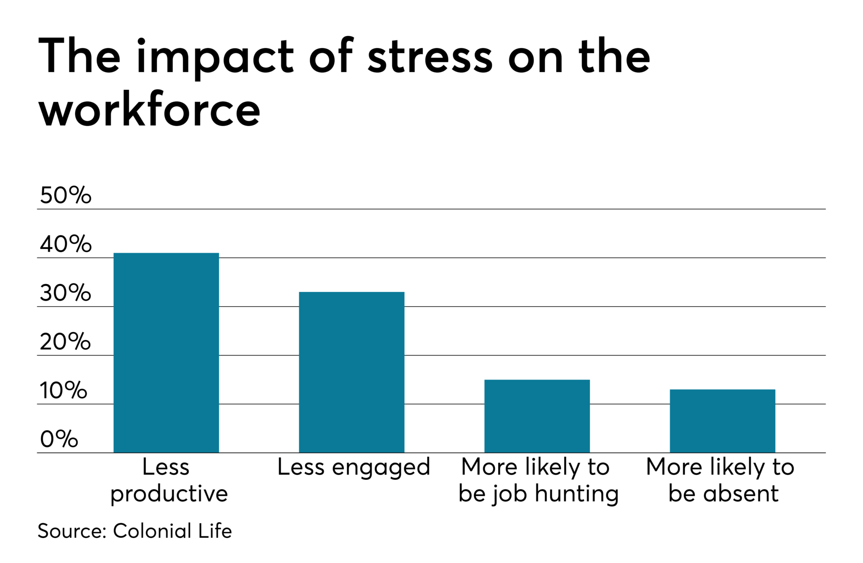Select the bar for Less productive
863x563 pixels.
pyautogui.click(x=166, y=353)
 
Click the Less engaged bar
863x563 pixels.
pyautogui.click(x=351, y=372)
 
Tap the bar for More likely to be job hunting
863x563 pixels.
pyautogui.click(x=537, y=416)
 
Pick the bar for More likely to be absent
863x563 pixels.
pyautogui.click(x=722, y=421)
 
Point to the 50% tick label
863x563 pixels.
pyautogui.click(x=65, y=195)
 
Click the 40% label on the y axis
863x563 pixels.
pyautogui.click(x=65, y=244)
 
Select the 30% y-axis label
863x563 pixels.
pyautogui.click(x=65, y=293)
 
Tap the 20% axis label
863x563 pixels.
pyautogui.click(x=65, y=342)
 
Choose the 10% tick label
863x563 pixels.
pyautogui.click(x=63, y=391)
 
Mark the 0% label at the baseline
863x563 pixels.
pyautogui.click(x=59, y=439)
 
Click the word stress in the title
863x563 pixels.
pyautogui.click(x=429, y=57)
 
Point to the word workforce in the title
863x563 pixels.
pyautogui.click(x=150, y=110)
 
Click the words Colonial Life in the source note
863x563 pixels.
pyautogui.click(x=172, y=531)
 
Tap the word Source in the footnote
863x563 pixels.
pyautogui.click(x=72, y=531)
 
